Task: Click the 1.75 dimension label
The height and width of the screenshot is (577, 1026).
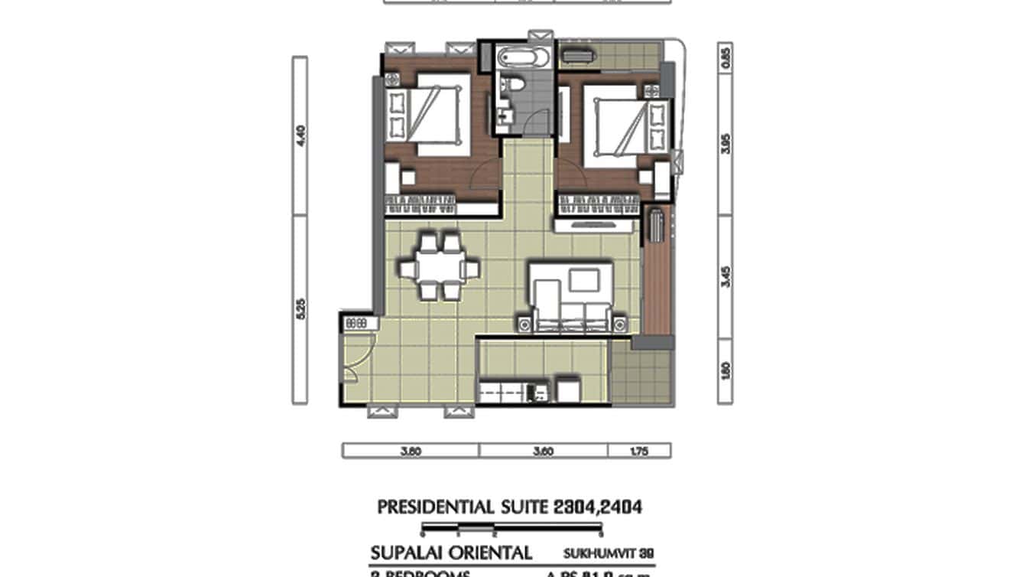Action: tap(639, 451)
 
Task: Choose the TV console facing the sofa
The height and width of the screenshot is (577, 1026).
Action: tap(595, 225)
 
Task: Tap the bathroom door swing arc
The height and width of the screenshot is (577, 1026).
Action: tap(539, 122)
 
